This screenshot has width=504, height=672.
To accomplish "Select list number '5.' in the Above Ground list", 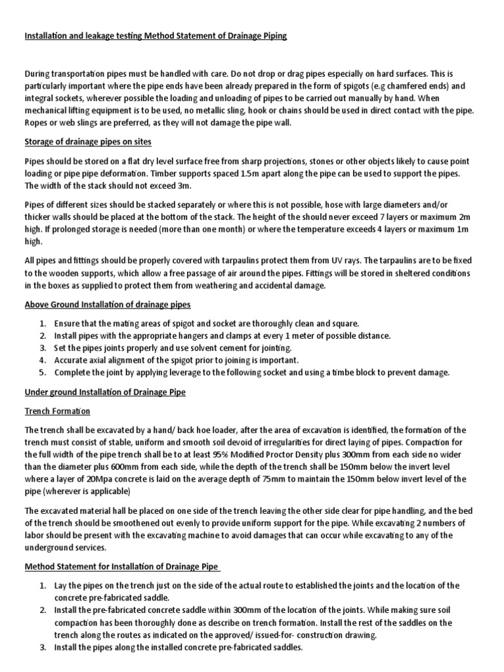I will pos(42,372).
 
